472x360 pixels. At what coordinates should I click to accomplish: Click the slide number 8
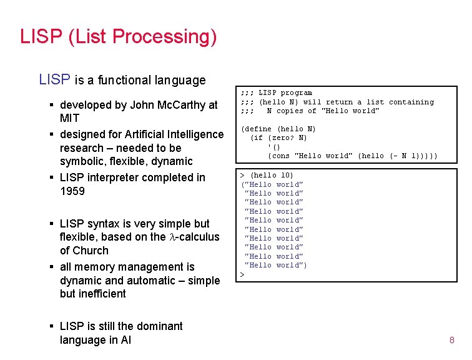pyautogui.click(x=451, y=340)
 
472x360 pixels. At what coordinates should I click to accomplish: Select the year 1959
pyautogui.click(x=72, y=191)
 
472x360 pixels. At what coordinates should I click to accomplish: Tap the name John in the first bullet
pyautogui.click(x=145, y=105)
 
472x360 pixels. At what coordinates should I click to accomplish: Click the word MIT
pyautogui.click(x=69, y=118)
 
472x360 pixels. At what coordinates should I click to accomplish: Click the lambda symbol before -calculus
pyautogui.click(x=172, y=237)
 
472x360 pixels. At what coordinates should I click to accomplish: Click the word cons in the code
pyautogui.click(x=278, y=156)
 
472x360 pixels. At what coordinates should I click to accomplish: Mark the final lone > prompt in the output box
pyautogui.click(x=243, y=274)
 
